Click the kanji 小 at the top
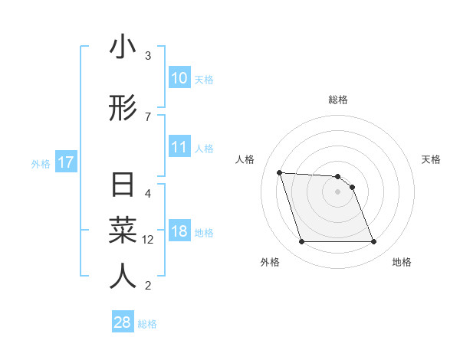pos(123,47)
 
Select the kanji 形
pos(123,109)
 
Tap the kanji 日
pos(123,187)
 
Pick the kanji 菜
pos(123,231)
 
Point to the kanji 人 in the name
pos(123,276)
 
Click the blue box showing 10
pos(179,78)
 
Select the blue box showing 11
pos(179,148)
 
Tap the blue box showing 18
pos(179,232)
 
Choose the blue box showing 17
pos(65,163)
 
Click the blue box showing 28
pos(123,322)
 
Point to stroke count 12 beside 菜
pos(148,240)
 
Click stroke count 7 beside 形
pos(148,116)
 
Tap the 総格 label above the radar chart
pos(338,100)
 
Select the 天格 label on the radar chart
pos(431,159)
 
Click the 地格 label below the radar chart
pos(402,262)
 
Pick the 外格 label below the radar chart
pos(270,262)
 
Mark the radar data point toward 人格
pos(280,172)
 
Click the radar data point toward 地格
pos(373,242)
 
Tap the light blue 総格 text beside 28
pos(147,324)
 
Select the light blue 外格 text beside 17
pos(40,164)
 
